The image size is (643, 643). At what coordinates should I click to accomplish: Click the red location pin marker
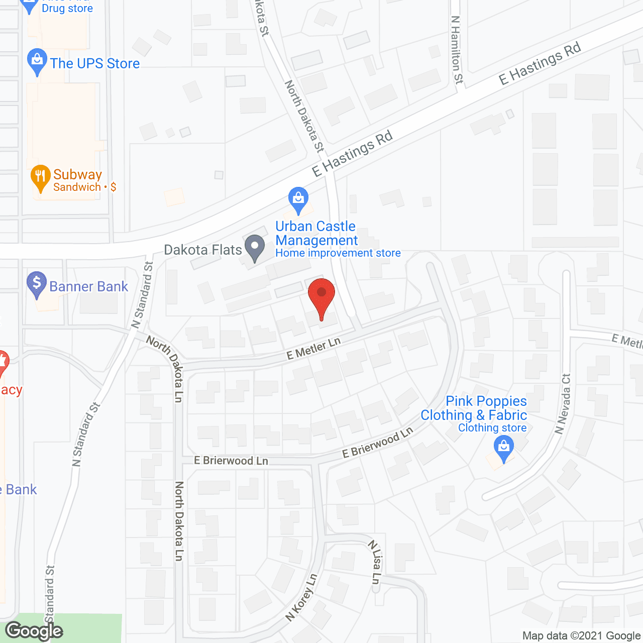click(x=321, y=296)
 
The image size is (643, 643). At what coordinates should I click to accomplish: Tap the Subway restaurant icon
click(x=40, y=177)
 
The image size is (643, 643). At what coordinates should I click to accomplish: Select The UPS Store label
click(x=95, y=64)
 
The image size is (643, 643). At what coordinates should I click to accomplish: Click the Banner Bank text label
click(x=89, y=287)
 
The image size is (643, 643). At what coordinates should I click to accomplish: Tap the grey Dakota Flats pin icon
click(x=255, y=247)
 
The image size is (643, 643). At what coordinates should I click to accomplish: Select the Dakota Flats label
click(x=203, y=250)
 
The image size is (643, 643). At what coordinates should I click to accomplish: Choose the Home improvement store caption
click(x=338, y=253)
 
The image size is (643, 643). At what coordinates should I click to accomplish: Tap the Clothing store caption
click(x=492, y=428)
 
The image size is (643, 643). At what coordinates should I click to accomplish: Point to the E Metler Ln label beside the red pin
click(x=313, y=348)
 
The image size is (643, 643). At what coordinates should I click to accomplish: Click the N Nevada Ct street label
click(x=563, y=404)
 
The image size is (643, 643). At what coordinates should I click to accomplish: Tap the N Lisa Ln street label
click(x=375, y=562)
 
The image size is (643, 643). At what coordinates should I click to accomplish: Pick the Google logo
click(x=34, y=631)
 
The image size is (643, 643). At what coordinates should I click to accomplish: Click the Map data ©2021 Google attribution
click(x=581, y=636)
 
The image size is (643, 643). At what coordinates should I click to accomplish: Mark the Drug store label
click(x=67, y=9)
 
